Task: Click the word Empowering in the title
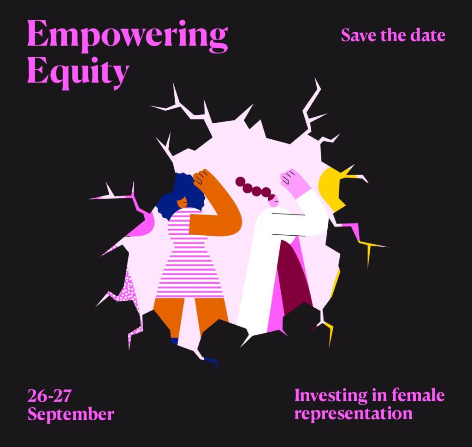127,36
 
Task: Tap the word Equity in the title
78,72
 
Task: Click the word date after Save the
428,35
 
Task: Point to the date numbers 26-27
50,395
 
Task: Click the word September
71,414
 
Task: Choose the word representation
354,413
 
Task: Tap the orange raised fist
201,177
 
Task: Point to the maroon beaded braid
254,189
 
